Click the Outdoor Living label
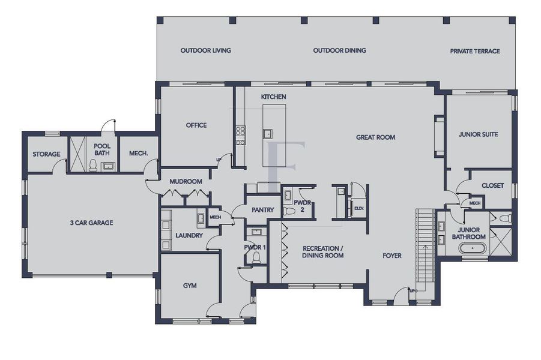tap(205, 51)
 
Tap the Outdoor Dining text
tap(339, 51)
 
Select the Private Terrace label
tap(475, 52)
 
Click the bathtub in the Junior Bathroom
tap(477, 248)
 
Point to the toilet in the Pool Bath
tap(93, 165)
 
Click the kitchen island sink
tap(268, 133)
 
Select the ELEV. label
tap(360, 208)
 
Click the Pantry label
tap(263, 210)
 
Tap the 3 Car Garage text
tap(91, 223)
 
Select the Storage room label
tap(46, 154)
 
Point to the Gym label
tap(190, 286)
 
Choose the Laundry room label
tap(189, 236)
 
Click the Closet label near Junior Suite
tap(492, 186)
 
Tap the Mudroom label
tap(186, 181)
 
